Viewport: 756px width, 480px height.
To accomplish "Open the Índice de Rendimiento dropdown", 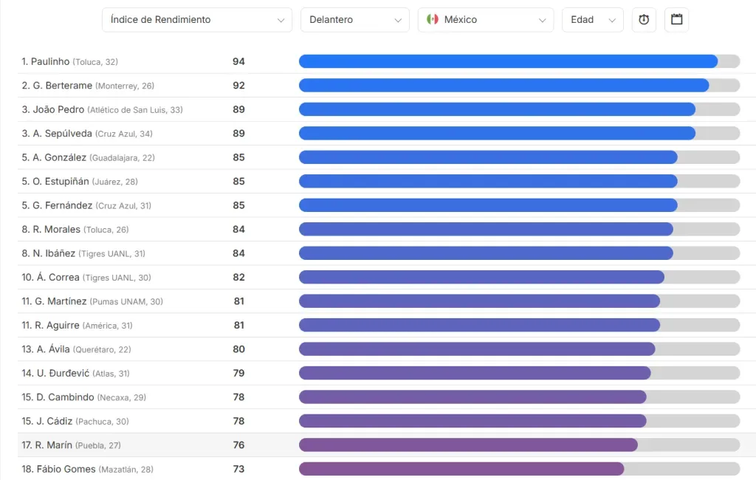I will tap(196, 20).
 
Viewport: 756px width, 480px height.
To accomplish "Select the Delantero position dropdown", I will tap(354, 20).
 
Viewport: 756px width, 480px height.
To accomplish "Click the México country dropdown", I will tap(485, 20).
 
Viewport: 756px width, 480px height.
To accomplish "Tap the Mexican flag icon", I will tap(433, 20).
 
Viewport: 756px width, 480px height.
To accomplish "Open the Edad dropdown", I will tap(592, 20).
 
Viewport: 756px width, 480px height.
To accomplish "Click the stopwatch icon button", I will tap(644, 20).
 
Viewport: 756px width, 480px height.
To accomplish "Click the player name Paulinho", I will tap(50, 62).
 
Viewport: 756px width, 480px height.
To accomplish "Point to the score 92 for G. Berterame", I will tap(238, 86).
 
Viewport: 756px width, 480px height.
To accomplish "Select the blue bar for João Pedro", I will tap(497, 109).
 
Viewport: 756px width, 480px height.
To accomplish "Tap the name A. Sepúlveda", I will tap(63, 134).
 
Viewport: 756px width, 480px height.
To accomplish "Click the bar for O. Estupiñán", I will tap(488, 182).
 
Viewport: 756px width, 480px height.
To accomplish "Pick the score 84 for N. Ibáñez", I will tap(238, 253).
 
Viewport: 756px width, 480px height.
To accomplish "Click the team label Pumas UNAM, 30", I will tap(126, 302).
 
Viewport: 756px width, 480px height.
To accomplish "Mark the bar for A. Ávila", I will tap(477, 349).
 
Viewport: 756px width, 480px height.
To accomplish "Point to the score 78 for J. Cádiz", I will tap(238, 421).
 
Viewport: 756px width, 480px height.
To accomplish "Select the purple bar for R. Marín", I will tap(468, 445).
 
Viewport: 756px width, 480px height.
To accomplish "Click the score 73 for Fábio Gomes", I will tap(238, 469).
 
